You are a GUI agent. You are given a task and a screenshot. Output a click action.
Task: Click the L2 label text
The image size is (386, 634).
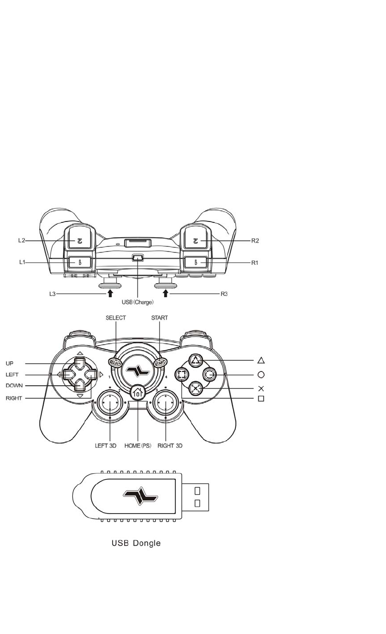tap(21, 240)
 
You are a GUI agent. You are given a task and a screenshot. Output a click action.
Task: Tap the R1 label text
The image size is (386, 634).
tap(254, 263)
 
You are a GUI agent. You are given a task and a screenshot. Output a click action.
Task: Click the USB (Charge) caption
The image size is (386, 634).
tap(138, 302)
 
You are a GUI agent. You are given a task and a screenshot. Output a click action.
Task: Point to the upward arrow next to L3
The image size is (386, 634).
tap(110, 293)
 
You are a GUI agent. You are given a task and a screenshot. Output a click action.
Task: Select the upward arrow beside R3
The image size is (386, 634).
tap(166, 293)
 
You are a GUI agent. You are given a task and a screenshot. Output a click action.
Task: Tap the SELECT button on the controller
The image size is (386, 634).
tap(115, 363)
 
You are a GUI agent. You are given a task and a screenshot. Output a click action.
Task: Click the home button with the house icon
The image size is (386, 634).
tap(137, 393)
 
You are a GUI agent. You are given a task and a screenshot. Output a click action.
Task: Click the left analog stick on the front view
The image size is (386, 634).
tap(110, 402)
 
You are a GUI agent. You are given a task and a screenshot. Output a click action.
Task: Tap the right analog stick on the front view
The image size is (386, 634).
tap(165, 402)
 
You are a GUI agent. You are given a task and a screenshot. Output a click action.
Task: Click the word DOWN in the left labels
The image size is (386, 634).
tap(14, 385)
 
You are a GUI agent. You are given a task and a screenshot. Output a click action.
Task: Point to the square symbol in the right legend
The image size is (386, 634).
tap(261, 398)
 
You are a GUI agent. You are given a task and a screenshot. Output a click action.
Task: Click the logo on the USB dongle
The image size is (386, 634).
tap(140, 496)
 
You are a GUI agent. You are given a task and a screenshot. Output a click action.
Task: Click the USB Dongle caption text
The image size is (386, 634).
tap(136, 543)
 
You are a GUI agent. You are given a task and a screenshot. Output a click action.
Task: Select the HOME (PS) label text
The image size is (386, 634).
tap(138, 446)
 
